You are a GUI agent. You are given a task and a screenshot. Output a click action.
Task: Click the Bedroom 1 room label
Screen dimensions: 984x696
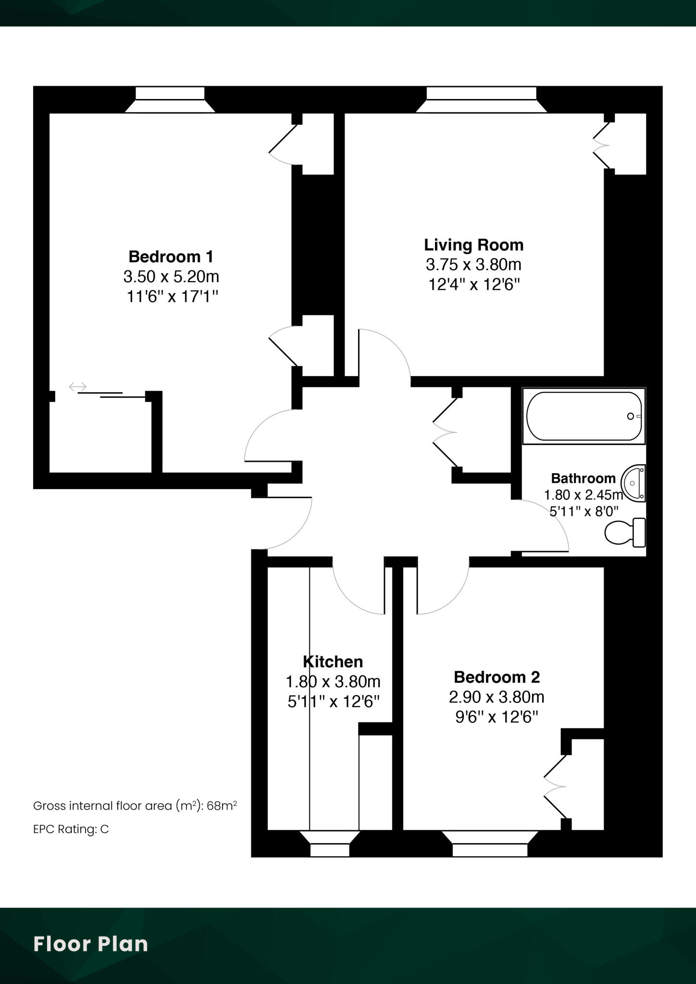[171, 257]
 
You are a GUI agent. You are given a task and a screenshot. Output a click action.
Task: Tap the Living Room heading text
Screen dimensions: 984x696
[473, 245]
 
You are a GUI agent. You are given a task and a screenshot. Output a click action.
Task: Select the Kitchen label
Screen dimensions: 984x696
[333, 662]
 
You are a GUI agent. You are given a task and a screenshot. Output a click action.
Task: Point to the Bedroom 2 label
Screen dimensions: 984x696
[497, 677]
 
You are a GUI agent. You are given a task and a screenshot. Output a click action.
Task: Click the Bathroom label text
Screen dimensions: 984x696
[583, 478]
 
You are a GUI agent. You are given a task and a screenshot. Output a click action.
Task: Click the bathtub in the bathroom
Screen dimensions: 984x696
[584, 416]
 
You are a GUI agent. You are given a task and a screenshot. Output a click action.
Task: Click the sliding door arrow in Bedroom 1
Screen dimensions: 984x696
[77, 386]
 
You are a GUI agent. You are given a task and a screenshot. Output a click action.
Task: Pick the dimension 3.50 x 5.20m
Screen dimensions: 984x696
[171, 277]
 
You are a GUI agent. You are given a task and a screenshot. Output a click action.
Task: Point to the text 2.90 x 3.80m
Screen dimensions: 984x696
[497, 697]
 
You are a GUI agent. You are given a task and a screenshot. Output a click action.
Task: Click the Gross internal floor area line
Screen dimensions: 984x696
[135, 806]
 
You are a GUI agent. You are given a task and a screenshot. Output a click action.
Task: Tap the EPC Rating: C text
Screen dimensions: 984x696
[71, 829]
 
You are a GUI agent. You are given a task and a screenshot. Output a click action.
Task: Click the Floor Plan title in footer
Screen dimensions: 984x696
[90, 944]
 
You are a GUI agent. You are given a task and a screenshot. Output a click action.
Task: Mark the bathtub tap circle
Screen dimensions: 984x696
[630, 417]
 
